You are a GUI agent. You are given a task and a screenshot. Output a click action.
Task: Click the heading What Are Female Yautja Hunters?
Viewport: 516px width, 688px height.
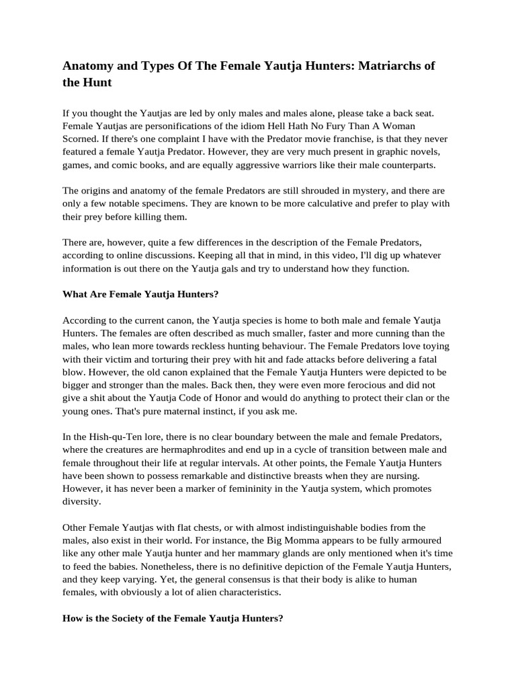(141, 294)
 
